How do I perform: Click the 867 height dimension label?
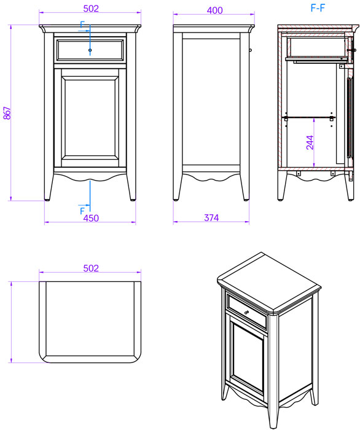point(7,113)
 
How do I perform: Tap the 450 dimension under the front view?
point(91,218)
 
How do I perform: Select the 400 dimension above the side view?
point(214,10)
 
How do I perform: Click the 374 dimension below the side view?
point(211,217)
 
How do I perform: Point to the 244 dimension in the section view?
point(310,143)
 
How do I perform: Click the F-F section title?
point(318,8)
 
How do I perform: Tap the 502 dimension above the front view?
point(91,9)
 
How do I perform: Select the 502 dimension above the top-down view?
point(91,268)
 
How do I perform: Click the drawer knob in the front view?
point(90,50)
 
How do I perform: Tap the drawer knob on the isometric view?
point(246,312)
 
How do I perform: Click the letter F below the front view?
point(82,211)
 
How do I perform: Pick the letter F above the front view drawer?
point(82,25)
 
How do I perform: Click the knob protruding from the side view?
point(250,50)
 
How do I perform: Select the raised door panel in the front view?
point(90,118)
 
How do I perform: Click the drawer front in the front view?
point(90,50)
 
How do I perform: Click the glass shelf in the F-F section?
point(309,117)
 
